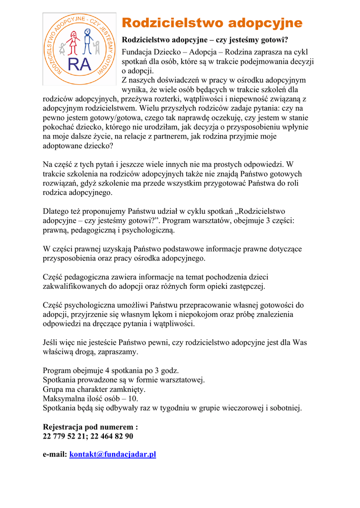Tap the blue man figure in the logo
pos(88,41)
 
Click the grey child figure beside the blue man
pos(98,48)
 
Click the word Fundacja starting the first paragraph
pos(137,51)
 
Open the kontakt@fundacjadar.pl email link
pos(113,454)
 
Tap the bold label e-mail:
pos(55,454)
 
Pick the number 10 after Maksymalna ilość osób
pos(134,398)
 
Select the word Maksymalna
pos(64,398)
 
